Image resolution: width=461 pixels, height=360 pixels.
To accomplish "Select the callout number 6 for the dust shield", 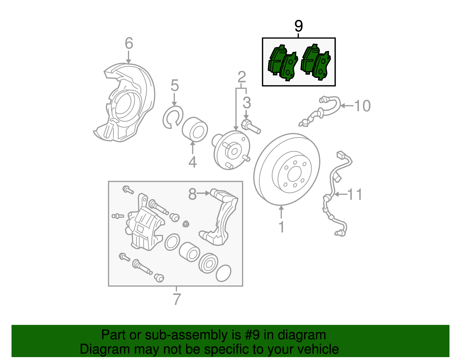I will tap(129, 44).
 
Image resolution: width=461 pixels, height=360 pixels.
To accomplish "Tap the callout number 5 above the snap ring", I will tap(175, 86).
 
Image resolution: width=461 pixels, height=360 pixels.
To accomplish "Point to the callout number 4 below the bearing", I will tap(192, 162).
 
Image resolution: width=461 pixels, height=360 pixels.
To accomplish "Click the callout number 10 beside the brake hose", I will tap(362, 106).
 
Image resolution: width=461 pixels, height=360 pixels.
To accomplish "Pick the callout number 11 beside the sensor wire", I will tap(355, 195).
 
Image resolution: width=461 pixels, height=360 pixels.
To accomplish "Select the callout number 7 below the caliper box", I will tap(177, 299).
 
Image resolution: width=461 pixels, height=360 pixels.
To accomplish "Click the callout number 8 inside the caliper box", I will tap(192, 194).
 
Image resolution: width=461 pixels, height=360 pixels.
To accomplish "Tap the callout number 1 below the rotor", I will tap(281, 227).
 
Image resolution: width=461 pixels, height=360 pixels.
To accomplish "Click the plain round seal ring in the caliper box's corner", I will tap(223, 273).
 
